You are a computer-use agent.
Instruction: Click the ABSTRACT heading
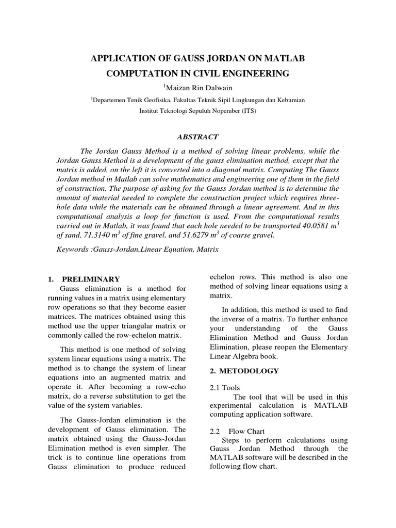click(x=197, y=137)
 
